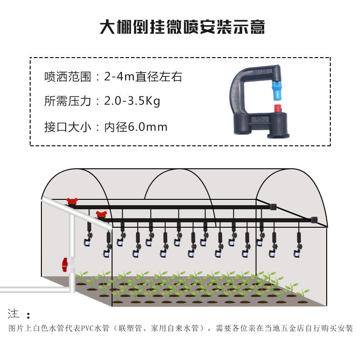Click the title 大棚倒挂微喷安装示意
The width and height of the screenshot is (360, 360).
click(x=182, y=27)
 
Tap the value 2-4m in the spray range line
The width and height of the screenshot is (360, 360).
click(x=119, y=76)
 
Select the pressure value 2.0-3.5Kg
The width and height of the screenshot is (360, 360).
click(x=132, y=101)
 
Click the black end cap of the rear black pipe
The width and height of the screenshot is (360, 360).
click(x=273, y=207)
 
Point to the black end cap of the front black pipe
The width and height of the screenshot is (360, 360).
click(x=314, y=220)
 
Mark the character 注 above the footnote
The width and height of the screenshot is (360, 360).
click(x=13, y=314)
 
